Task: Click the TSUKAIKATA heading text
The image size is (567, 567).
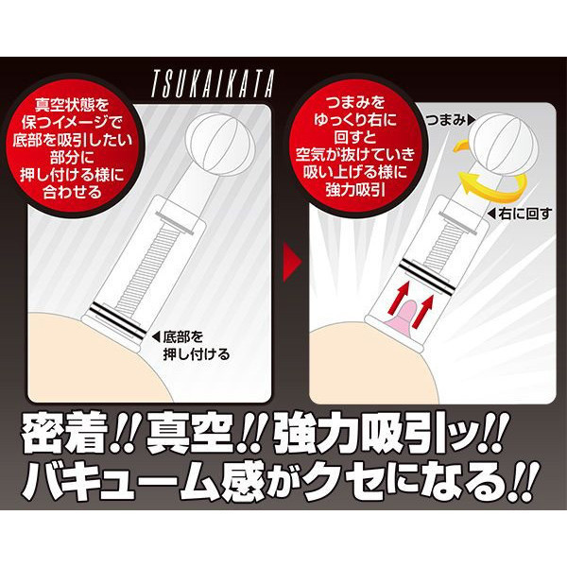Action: [213, 83]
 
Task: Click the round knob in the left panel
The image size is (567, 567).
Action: [220, 145]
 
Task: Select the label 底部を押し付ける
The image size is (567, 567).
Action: [192, 346]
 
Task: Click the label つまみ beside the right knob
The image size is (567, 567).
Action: [451, 120]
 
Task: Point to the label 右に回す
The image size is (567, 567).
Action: [520, 215]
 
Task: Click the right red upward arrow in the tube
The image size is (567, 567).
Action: [422, 310]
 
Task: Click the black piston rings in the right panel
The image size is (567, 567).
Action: [428, 275]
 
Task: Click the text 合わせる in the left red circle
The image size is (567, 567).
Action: [73, 192]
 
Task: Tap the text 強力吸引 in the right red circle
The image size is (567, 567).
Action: [355, 189]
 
